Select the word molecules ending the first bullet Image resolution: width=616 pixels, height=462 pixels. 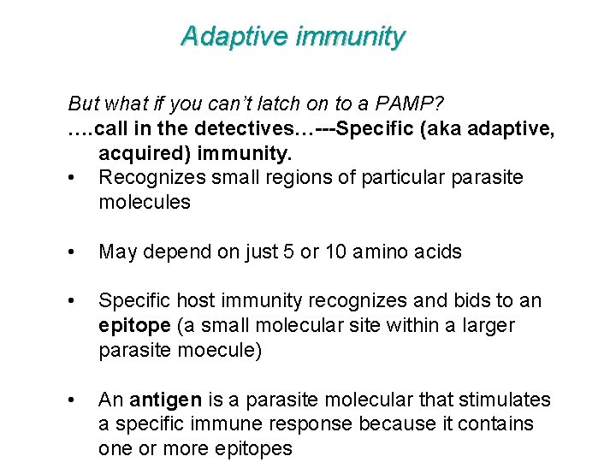tap(145, 203)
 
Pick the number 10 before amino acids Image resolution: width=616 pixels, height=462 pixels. tap(332, 252)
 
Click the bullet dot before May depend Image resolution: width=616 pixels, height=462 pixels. tap(79, 252)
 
